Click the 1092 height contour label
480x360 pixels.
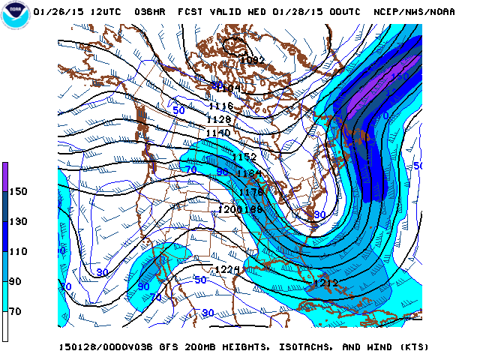coord(253,61)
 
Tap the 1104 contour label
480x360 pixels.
coord(229,88)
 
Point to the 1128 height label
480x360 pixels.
coord(219,120)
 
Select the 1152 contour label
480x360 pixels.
coord(244,157)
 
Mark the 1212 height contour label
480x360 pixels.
coord(323,283)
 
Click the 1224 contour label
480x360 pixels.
coord(226,270)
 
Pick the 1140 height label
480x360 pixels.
coord(217,133)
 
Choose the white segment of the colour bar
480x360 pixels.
coord(5,325)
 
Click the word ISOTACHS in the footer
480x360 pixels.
coord(295,347)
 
